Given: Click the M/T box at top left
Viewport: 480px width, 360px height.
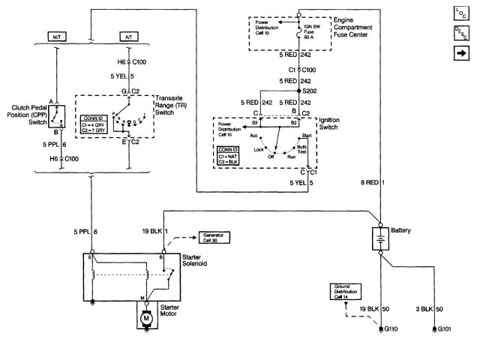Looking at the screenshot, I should pyautogui.click(x=57, y=36).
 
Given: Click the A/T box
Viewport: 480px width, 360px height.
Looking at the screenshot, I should pyautogui.click(x=129, y=36).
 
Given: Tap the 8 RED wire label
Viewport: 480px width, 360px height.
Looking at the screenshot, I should pyautogui.click(x=370, y=182).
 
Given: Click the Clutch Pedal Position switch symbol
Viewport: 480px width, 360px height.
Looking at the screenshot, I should pyautogui.click(x=61, y=115).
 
